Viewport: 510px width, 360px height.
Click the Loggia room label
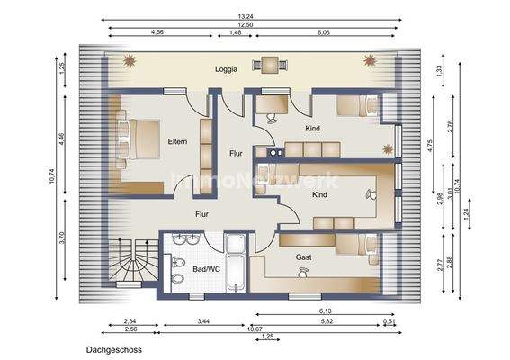[x=226, y=69]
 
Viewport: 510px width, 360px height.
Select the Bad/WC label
[x=206, y=269]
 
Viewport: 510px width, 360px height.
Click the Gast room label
[x=304, y=257]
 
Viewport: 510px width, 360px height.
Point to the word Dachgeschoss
[x=114, y=348]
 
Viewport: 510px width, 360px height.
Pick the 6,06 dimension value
[x=323, y=32]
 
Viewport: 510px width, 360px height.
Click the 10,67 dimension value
[x=242, y=328]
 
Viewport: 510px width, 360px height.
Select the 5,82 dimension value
[x=326, y=320]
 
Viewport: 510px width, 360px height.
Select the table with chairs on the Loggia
[x=269, y=64]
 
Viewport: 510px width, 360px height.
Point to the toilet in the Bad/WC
[x=178, y=278]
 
